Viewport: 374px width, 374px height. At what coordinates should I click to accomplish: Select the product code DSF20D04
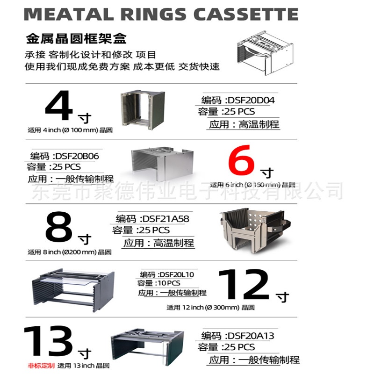tap(250, 100)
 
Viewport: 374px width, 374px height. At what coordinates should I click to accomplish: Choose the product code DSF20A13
tap(250, 336)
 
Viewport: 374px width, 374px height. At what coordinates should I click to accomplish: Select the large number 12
tap(244, 285)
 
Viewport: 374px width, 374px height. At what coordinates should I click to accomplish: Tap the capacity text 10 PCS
tap(167, 283)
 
